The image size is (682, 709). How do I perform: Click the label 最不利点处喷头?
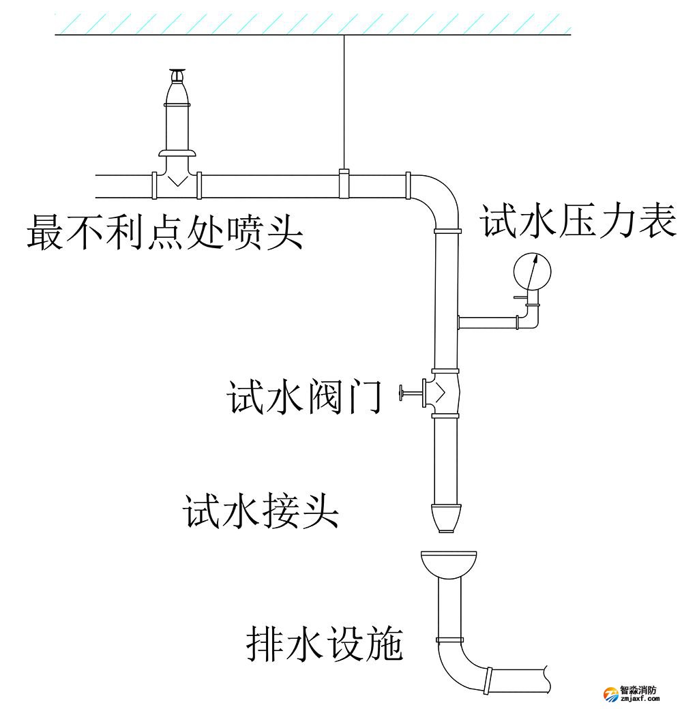pyautogui.click(x=165, y=232)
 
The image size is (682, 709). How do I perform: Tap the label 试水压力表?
pyautogui.click(x=578, y=222)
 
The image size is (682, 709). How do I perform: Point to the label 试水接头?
pyautogui.click(x=261, y=511)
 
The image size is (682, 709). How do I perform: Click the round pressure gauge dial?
pyautogui.click(x=531, y=271)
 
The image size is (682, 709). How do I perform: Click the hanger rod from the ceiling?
pyautogui.click(x=344, y=102)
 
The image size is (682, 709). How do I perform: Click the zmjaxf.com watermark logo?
pyautogui.click(x=631, y=693)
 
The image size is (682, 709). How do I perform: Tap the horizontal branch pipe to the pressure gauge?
pyautogui.click(x=488, y=321)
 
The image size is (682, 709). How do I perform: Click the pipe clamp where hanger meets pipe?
pyautogui.click(x=344, y=184)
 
